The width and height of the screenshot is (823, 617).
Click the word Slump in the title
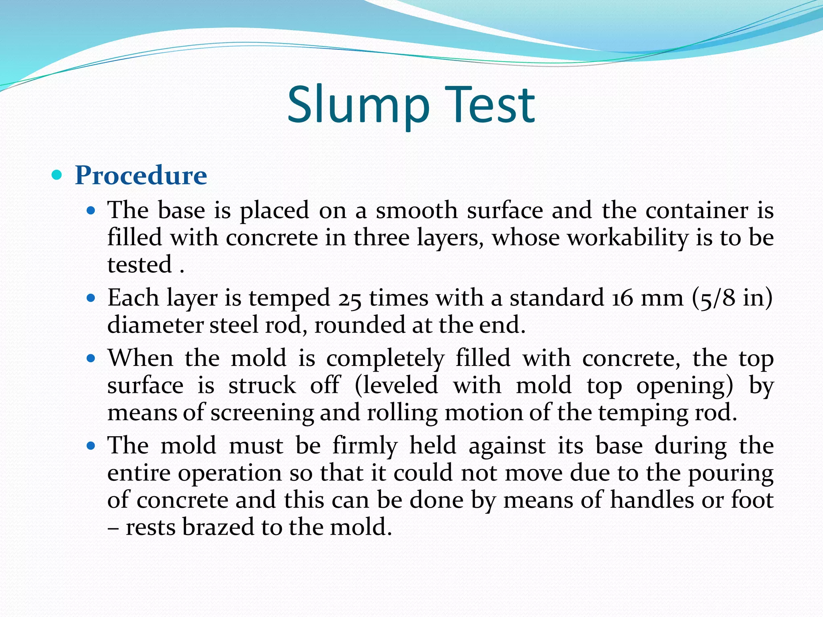(x=358, y=105)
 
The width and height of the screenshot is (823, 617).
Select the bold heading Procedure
(x=141, y=176)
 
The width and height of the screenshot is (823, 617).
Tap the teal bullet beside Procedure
(x=57, y=175)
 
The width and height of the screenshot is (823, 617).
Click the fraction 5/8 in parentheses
(x=717, y=298)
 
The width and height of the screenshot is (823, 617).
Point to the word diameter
(x=155, y=325)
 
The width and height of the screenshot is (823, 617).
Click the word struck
(x=262, y=385)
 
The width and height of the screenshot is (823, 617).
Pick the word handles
(x=653, y=500)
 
